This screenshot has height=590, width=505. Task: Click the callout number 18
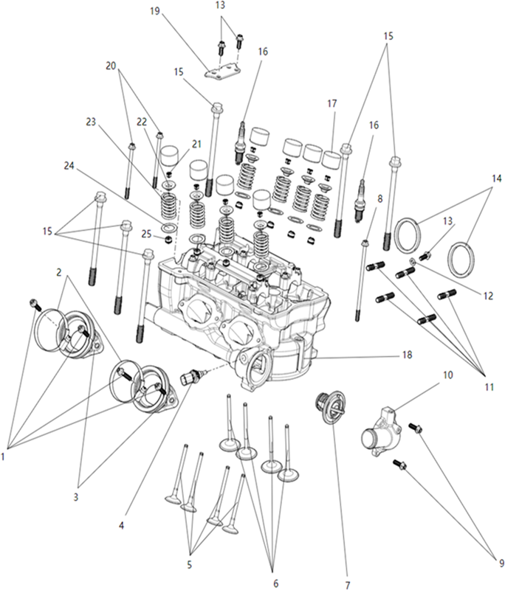point(407,355)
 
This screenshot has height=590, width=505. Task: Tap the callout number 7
point(347,584)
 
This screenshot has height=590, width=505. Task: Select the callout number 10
point(447,375)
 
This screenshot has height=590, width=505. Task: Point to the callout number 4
point(121,525)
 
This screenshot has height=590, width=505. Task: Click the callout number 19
point(155,11)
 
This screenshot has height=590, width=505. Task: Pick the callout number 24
point(69,165)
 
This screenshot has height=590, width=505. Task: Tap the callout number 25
point(146,234)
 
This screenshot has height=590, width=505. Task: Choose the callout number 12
point(488,296)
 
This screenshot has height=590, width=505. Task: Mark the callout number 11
point(489,386)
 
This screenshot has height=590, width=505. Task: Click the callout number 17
point(332,103)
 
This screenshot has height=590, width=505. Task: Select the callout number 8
point(379,198)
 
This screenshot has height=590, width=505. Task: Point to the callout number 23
point(91,122)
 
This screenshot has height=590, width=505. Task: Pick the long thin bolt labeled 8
point(361,280)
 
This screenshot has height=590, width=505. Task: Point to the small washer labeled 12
point(413,261)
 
